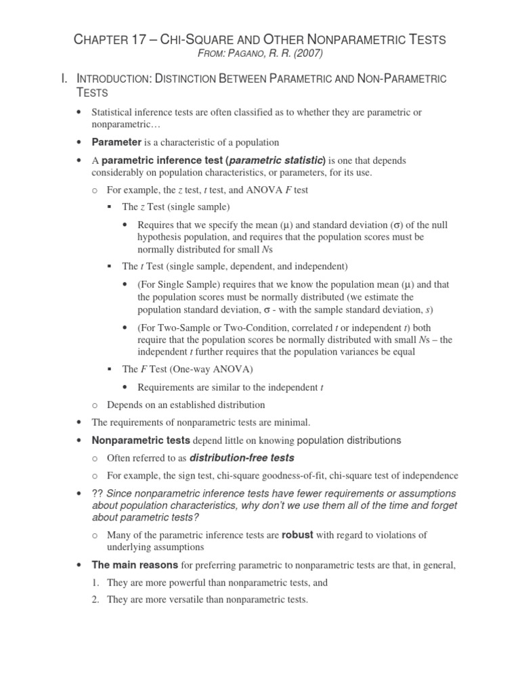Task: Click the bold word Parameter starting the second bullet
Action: (116, 142)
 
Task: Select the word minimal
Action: (292, 422)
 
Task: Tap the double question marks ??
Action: (97, 493)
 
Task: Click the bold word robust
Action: (297, 535)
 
